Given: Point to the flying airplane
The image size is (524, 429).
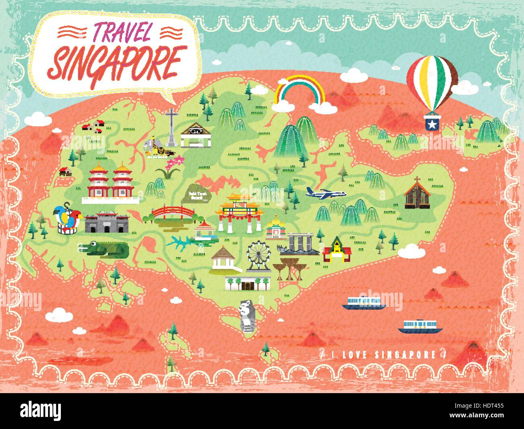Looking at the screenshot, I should pyautogui.click(x=326, y=193).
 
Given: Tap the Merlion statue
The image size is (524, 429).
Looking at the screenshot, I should pyautogui.click(x=245, y=316).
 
